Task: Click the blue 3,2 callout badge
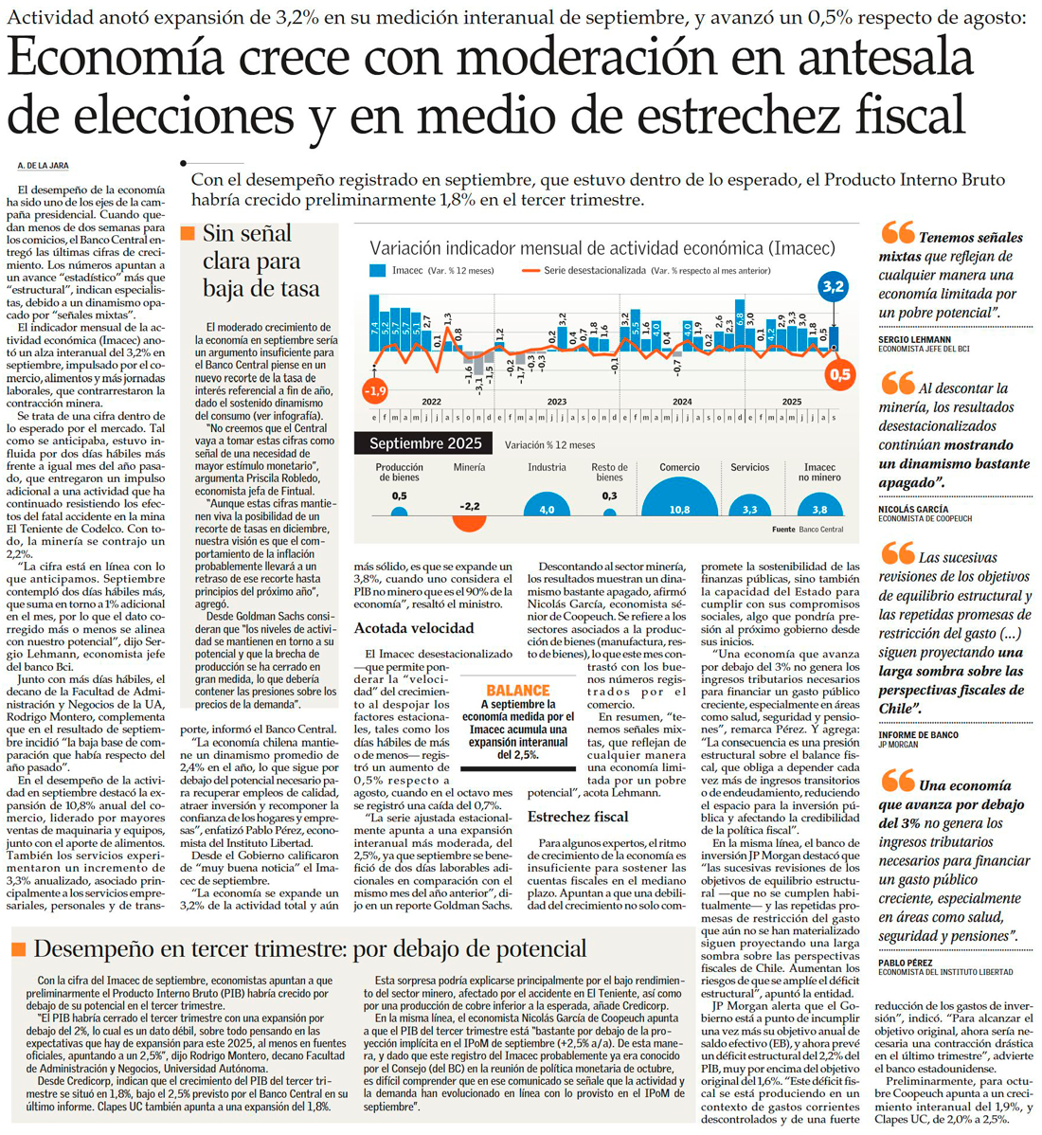[x=834, y=286]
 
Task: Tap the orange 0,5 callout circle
[x=839, y=374]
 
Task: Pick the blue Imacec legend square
[x=377, y=271]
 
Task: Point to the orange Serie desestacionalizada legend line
[x=530, y=271]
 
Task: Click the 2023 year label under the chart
[x=557, y=402]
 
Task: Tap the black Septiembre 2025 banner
[x=425, y=443]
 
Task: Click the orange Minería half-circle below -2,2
[x=469, y=521]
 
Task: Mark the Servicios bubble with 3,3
[x=749, y=508]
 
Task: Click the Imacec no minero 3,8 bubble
[x=819, y=508]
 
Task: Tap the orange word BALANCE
[x=517, y=691]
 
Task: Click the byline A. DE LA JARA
[x=43, y=166]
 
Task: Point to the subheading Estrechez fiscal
[x=577, y=816]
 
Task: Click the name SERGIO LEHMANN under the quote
[x=914, y=338]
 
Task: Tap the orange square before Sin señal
[x=187, y=233]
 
